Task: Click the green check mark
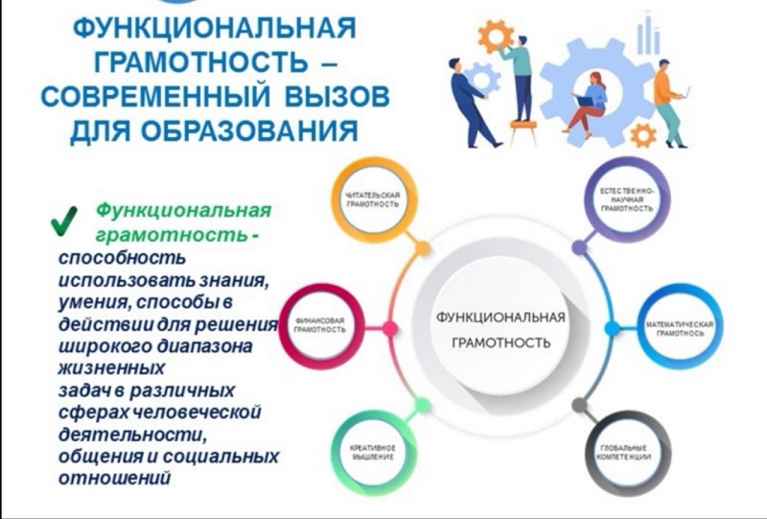(63, 222)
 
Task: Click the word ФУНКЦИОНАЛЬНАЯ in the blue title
(214, 31)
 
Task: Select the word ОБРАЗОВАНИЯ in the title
(251, 130)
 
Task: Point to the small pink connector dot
(389, 328)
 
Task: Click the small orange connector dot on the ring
(422, 248)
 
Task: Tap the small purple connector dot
(579, 248)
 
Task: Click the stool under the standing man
(523, 133)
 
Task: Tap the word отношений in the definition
(114, 478)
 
